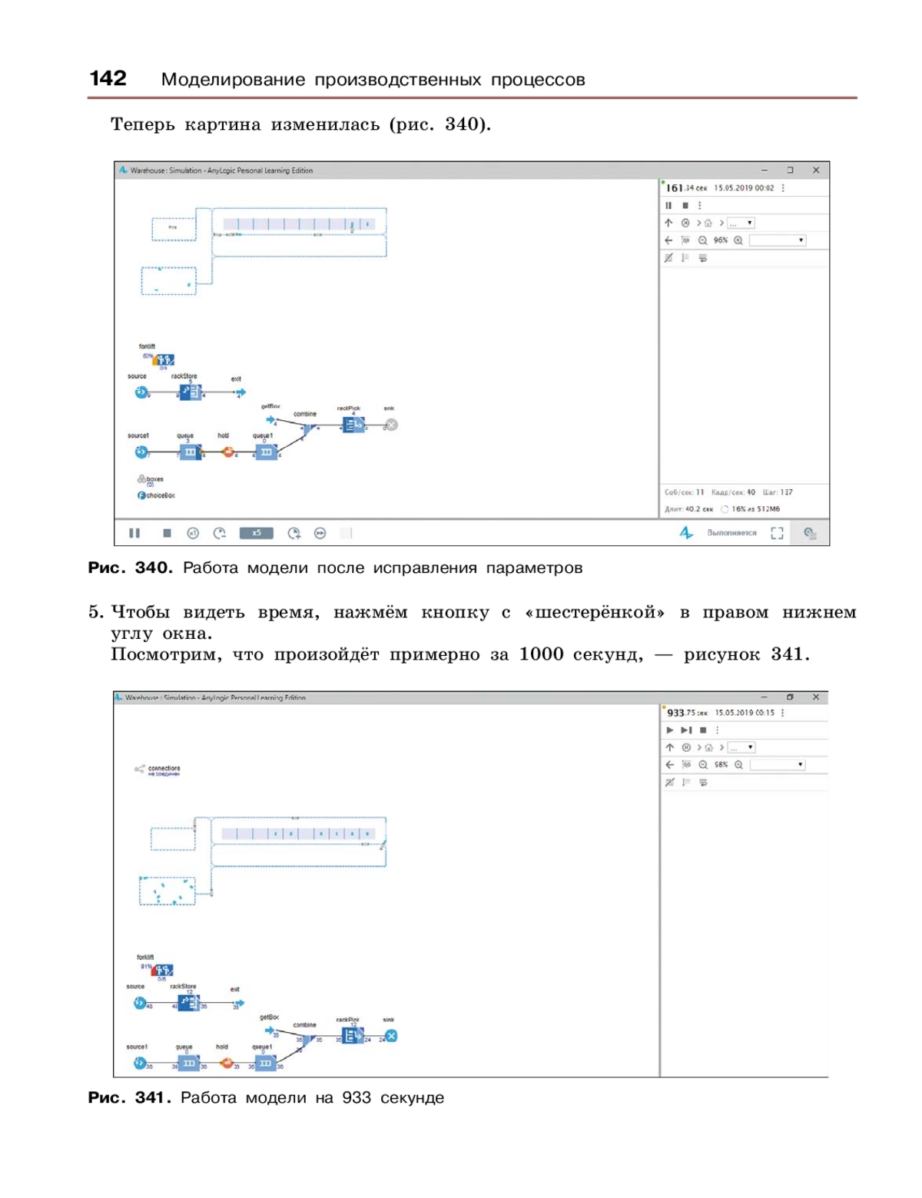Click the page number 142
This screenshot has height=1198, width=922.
pos(108,78)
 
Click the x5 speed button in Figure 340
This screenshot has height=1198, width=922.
pos(256,533)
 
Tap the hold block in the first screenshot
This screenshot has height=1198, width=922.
pos(228,452)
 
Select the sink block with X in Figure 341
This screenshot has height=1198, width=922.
pos(391,1036)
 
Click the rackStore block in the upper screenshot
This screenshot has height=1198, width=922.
pos(190,392)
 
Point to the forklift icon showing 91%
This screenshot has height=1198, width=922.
pos(161,970)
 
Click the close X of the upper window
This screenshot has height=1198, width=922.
pos(816,170)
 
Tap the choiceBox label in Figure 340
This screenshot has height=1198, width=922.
pos(160,495)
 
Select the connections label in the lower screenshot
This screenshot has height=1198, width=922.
pos(164,768)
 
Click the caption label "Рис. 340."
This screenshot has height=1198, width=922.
pos(130,568)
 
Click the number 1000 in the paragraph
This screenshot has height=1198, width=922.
pos(542,654)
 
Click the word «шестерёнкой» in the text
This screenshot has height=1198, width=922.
pos(595,612)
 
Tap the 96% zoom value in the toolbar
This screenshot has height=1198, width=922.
pos(720,240)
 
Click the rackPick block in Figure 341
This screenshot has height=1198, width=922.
pos(351,1035)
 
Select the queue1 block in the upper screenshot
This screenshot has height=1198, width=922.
pos(266,452)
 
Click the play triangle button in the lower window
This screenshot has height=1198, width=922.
pos(670,730)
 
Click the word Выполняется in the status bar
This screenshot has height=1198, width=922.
pos(731,533)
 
